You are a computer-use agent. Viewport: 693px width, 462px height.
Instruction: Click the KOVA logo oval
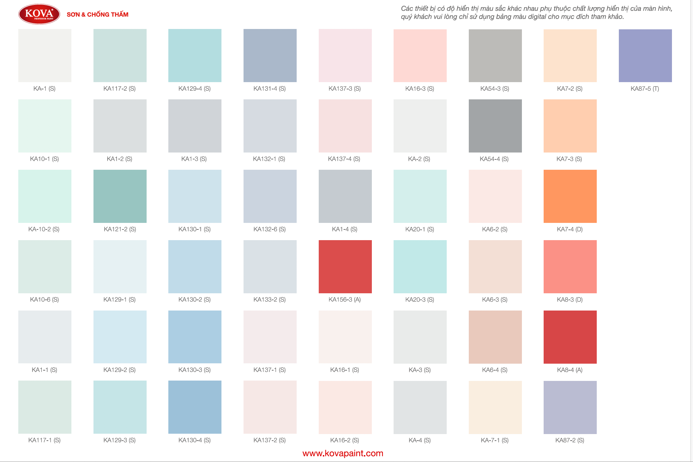coord(39,14)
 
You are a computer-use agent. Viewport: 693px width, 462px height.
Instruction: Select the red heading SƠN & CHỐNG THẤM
coord(98,14)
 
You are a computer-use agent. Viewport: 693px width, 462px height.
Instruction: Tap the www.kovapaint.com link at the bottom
coord(343,453)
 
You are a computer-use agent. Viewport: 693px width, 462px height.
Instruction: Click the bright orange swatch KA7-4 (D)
coord(570,196)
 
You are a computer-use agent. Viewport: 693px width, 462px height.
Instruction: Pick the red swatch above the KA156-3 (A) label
coord(345,267)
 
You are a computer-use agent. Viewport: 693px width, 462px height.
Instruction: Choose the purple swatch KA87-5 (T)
coord(645,56)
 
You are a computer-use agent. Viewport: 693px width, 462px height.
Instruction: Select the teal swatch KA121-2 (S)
coord(120,196)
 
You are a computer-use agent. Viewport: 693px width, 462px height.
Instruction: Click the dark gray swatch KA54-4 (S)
coord(495,126)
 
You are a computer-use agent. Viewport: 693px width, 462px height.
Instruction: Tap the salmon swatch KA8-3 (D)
coord(570,267)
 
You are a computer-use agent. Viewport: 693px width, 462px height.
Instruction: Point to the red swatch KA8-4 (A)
coord(570,337)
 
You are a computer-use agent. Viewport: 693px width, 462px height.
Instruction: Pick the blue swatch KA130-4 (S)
coord(195,407)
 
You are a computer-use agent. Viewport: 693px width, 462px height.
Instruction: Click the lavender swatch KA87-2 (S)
coord(570,407)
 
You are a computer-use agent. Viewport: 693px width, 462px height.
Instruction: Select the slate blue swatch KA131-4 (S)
coord(270,56)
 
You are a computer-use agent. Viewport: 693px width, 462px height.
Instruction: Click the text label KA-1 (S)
coord(44,89)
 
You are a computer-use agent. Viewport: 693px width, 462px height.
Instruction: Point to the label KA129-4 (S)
coord(195,89)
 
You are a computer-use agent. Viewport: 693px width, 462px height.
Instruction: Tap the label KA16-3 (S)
coord(420,89)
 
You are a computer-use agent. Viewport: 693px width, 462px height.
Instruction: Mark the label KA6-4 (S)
coord(495,370)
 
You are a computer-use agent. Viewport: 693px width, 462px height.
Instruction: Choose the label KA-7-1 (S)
coord(495,440)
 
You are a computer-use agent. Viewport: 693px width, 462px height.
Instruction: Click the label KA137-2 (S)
coord(270,440)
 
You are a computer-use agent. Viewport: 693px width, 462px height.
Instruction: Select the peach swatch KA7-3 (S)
coord(570,126)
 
